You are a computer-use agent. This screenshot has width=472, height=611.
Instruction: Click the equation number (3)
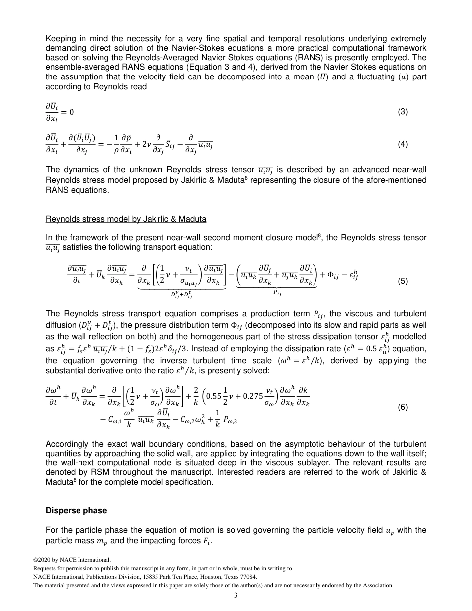pos(403,112)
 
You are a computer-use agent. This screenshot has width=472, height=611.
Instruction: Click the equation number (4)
pos(403,144)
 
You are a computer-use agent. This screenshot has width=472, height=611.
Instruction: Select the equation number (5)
pos(403,281)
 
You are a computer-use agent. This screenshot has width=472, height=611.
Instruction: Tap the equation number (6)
pos(403,407)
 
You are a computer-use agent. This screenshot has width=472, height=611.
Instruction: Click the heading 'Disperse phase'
pos(76,510)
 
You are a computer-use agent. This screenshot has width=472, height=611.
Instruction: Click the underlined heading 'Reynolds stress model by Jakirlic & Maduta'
pos(126,219)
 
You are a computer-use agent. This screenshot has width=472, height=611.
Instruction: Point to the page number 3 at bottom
pos(236,596)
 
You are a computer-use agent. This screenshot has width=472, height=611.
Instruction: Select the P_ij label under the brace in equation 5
pos(277,293)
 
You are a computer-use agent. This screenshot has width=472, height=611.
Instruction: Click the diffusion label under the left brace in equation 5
pos(181,295)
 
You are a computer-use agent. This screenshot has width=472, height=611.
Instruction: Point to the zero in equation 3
pos(71,112)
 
